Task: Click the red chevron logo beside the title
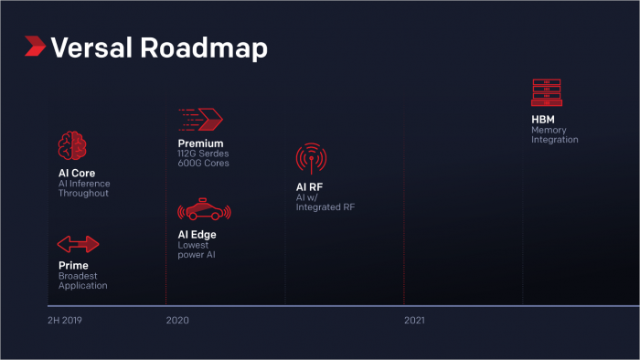[x=36, y=47]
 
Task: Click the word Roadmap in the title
[x=204, y=48]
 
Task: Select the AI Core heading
[x=77, y=173]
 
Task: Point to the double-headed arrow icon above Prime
[x=78, y=244]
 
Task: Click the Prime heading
[x=72, y=266]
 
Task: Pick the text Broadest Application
[x=82, y=281]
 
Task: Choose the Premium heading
[x=200, y=143]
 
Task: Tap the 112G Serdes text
[x=203, y=154]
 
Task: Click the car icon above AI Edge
[x=205, y=210]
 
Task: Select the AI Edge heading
[x=197, y=234]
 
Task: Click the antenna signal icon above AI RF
[x=311, y=158]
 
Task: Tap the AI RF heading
[x=310, y=187]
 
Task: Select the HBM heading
[x=543, y=119]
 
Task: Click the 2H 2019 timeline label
[x=66, y=322]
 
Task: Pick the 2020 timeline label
[x=178, y=322]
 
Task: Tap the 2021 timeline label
[x=415, y=322]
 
